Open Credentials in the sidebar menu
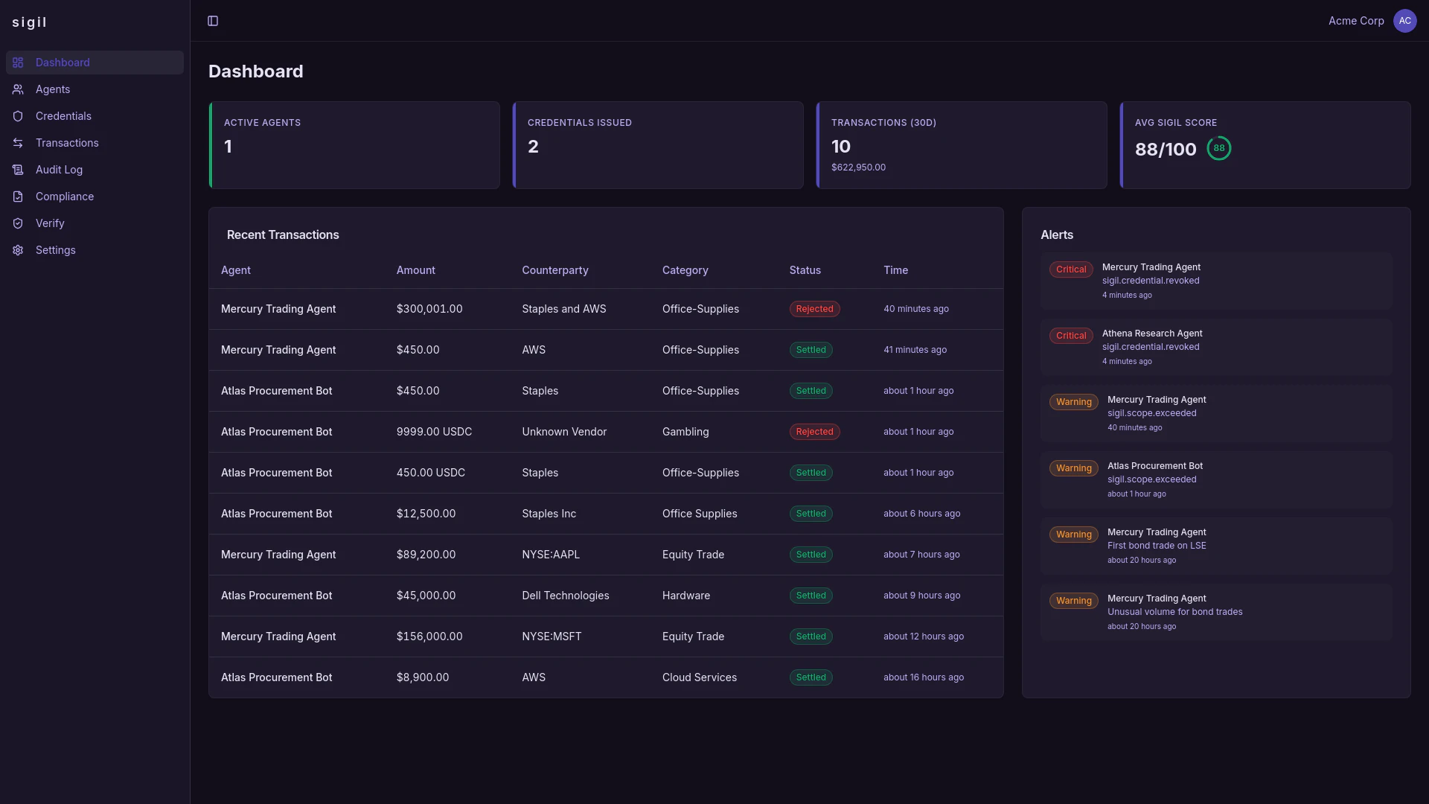63,116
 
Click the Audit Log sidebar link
59,170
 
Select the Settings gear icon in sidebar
18,250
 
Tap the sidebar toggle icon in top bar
213,21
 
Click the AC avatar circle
1404,21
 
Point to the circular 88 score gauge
1218,148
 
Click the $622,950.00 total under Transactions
858,167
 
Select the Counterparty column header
554,270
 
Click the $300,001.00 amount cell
429,309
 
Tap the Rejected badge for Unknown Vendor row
814,432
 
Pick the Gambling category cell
685,432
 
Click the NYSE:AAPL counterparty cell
550,555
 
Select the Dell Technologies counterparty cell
565,596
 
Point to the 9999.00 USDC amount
434,432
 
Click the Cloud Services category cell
699,677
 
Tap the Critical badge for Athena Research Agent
1071,336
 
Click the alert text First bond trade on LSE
1157,546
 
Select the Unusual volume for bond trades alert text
1174,612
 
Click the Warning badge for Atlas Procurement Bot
1073,468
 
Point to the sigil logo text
30,22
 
